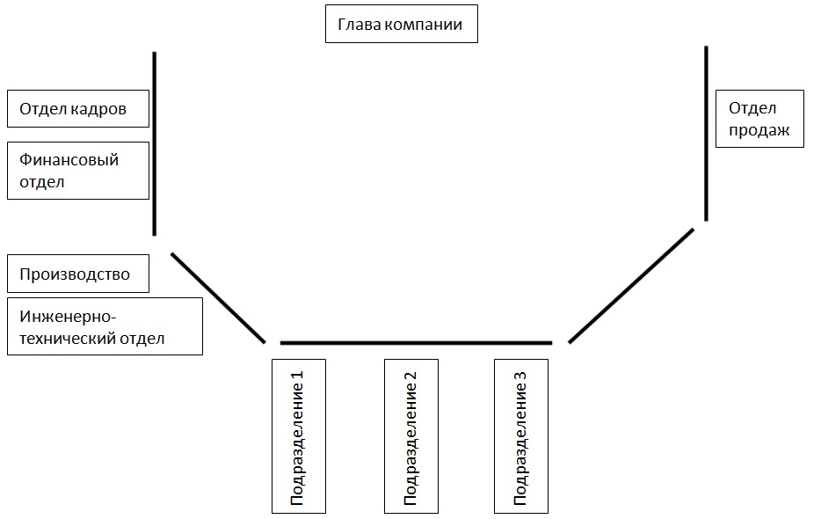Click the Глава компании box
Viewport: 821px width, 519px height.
[x=402, y=25]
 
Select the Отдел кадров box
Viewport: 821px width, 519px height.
[x=77, y=109]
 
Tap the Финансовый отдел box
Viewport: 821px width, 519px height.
[x=77, y=171]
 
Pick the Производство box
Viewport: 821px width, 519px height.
[x=77, y=274]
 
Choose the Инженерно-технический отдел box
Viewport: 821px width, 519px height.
[x=105, y=326]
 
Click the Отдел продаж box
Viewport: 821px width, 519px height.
[x=759, y=119]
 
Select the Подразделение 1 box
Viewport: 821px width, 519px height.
[x=298, y=435]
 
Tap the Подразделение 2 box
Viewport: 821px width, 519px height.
[x=410, y=435]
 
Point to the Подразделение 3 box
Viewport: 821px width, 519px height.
[x=521, y=435]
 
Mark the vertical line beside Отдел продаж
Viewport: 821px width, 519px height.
[x=706, y=132]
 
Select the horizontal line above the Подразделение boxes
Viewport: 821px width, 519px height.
[x=416, y=342]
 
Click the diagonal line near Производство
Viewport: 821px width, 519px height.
[x=218, y=297]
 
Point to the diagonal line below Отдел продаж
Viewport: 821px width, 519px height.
[x=631, y=285]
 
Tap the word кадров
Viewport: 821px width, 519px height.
[x=98, y=109]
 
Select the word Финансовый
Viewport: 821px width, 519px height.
[x=69, y=159]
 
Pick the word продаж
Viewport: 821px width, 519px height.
[x=759, y=131]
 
